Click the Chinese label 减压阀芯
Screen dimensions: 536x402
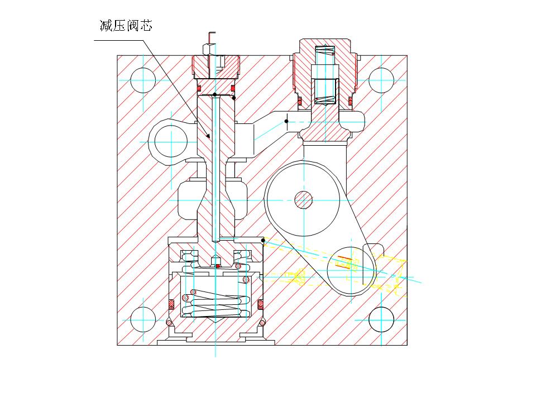tap(126, 26)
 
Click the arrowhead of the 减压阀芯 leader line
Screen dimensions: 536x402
tap(208, 136)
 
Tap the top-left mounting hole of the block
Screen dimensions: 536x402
tap(143, 80)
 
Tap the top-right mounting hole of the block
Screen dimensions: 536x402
tap(381, 80)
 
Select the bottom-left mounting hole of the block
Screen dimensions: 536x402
tap(143, 319)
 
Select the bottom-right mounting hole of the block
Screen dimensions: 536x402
tap(381, 319)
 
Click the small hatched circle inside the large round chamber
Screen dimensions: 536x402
tap(304, 200)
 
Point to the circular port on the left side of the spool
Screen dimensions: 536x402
tap(171, 141)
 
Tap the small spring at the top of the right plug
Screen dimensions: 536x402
tap(325, 50)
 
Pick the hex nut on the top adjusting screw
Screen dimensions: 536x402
tap(208, 49)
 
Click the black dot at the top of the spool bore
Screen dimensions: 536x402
tap(214, 95)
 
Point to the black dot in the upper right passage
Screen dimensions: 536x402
tap(286, 121)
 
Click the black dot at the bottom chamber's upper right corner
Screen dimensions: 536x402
tap(263, 240)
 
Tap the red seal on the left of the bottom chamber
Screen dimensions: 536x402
tap(171, 304)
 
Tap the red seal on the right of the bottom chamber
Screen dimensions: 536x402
tap(261, 304)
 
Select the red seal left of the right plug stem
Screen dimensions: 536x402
tap(299, 101)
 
